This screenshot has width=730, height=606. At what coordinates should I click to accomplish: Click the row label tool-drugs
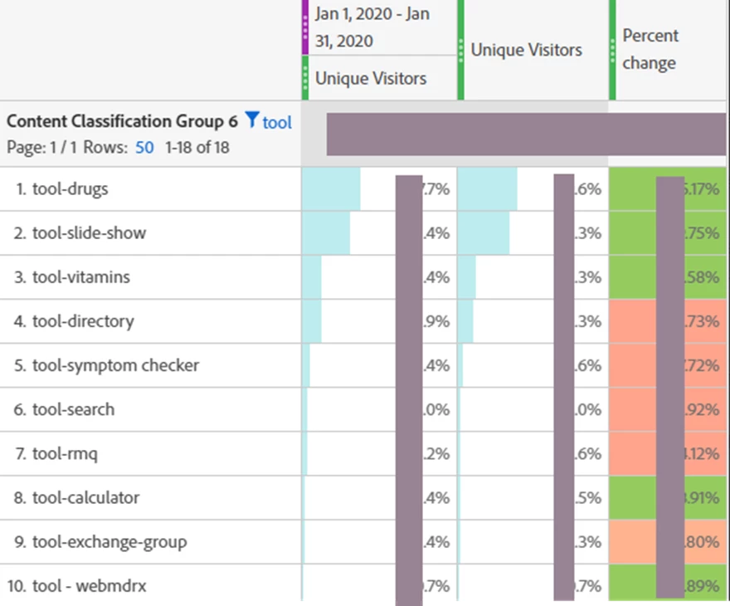pos(71,189)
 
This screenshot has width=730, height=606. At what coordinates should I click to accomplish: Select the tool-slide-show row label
pos(89,233)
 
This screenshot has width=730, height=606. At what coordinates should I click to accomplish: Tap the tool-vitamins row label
pos(81,277)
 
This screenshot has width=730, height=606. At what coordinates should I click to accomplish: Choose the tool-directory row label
pos(83,321)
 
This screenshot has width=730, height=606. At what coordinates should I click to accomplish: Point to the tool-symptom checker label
pos(115,365)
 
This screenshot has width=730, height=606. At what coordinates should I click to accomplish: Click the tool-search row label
pos(74,409)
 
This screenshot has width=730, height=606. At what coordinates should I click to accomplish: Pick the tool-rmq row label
pos(66,453)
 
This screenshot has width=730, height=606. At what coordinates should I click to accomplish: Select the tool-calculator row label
pos(85,497)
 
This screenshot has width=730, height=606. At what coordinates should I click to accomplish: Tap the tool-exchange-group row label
pos(109,542)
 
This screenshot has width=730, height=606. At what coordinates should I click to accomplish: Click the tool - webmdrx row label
pos(89,586)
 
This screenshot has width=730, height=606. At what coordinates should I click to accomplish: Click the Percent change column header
pos(650,49)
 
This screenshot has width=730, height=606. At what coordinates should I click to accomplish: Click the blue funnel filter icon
pos(252,120)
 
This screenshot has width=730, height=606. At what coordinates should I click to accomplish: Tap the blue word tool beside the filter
pos(277,123)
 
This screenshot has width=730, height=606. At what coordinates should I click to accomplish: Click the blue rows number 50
pos(145,148)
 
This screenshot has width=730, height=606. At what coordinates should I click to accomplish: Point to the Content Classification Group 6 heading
pos(122,121)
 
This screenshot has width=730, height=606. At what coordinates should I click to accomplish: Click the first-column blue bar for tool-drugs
pos(331,189)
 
